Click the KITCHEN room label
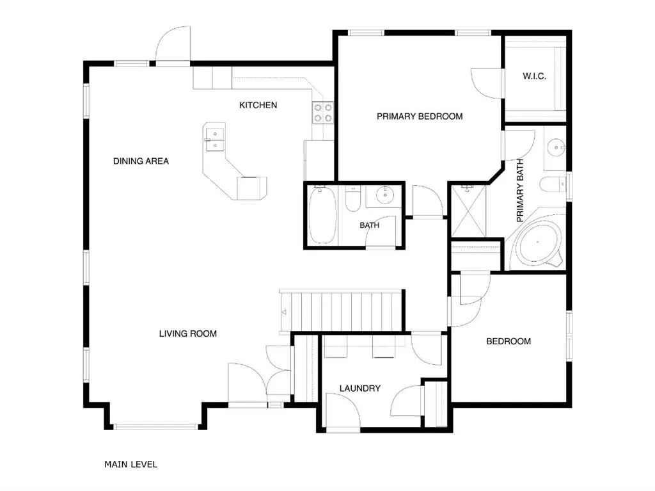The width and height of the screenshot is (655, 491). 258,105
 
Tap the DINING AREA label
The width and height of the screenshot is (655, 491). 141,161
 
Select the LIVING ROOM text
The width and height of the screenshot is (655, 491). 187,334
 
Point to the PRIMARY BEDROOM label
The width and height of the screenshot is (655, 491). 420,117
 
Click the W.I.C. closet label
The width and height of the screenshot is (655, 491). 534,76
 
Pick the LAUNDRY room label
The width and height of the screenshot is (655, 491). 359,389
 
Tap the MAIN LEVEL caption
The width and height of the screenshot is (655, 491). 130,464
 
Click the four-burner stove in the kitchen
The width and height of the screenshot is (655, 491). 322,113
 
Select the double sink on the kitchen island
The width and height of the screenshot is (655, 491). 215,140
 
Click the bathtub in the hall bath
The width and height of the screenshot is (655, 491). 322,215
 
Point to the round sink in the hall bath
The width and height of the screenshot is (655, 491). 384,195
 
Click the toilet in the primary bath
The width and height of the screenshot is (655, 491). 552,184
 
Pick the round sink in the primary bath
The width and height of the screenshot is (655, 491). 556,147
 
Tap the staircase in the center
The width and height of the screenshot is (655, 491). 342,312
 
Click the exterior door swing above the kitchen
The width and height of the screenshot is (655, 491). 173,44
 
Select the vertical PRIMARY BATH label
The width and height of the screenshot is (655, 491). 519,190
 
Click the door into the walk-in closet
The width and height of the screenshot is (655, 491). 487,83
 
